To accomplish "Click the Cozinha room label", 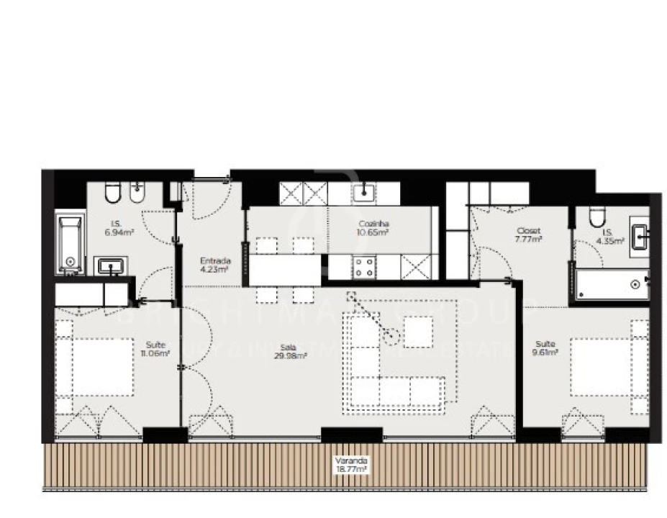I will [373, 228].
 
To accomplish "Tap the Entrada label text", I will [215, 265].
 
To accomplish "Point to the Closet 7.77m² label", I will [528, 235].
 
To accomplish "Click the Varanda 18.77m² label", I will [351, 464].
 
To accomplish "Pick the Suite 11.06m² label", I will [155, 349].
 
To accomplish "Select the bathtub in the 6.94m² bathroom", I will [71, 245].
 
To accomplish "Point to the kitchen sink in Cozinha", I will [366, 191].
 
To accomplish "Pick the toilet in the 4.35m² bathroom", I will [596, 217].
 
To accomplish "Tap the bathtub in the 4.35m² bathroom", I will [612, 285].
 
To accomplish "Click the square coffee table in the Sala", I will [418, 332].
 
